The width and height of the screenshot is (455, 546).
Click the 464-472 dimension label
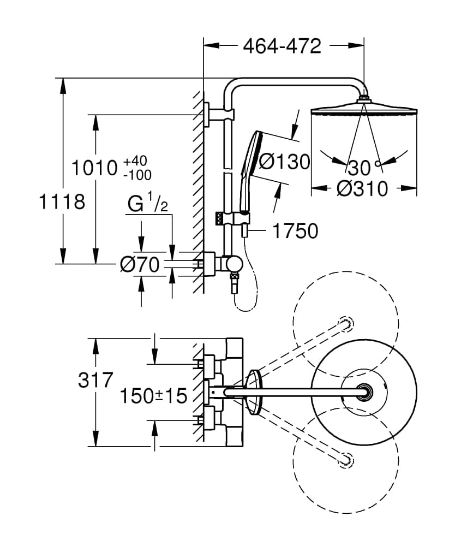point(282,46)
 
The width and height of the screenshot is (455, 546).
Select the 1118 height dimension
point(62,201)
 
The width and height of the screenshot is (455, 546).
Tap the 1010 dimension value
point(95,168)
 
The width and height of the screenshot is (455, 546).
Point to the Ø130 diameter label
point(284,162)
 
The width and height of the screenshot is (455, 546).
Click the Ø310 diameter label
point(362,189)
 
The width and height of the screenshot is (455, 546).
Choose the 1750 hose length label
point(295,231)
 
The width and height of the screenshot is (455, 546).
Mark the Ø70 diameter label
point(140,265)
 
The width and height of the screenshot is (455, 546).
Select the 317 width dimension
point(95,379)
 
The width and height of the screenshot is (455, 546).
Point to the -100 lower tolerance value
point(137,175)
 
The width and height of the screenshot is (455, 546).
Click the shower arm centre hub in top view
point(364,392)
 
